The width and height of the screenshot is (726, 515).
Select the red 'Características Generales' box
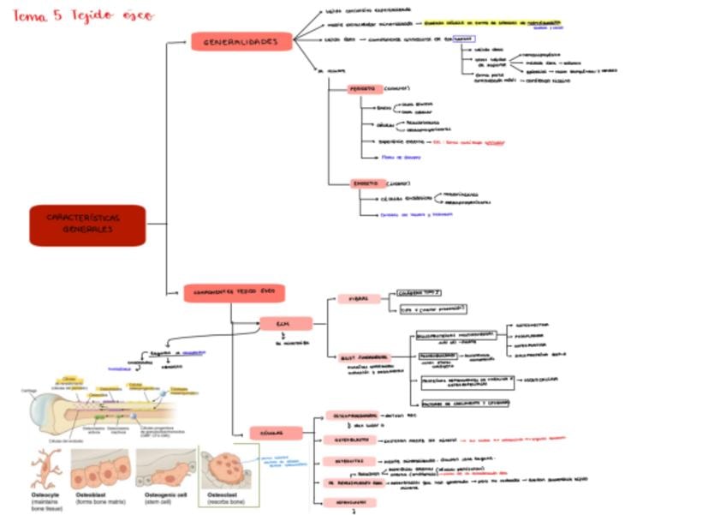pyautogui.click(x=87, y=224)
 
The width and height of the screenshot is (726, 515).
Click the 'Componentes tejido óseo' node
pyautogui.click(x=234, y=293)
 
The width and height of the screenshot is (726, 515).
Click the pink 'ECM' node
pyautogui.click(x=285, y=323)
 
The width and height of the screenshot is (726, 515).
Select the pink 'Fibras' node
pyautogui.click(x=358, y=298)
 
